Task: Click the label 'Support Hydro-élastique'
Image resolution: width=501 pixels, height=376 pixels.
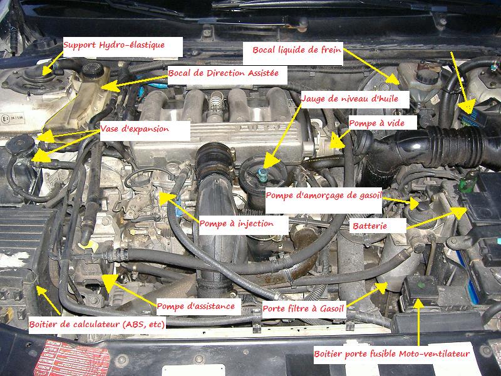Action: tap(114, 45)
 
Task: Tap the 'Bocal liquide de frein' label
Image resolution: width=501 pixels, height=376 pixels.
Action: tap(297, 50)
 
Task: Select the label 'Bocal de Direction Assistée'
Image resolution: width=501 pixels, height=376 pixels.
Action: tap(224, 73)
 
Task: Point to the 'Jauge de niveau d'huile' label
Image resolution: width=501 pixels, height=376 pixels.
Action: tap(350, 98)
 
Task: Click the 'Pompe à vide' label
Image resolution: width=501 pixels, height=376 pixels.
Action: tap(377, 123)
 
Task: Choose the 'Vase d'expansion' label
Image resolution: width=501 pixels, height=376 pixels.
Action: tap(135, 129)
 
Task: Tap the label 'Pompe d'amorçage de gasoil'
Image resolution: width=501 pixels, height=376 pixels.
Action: tap(324, 196)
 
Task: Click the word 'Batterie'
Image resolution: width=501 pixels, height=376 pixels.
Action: tap(369, 226)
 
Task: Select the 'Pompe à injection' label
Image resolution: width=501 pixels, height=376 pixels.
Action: tap(237, 224)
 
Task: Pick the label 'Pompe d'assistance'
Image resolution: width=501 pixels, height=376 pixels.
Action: tap(196, 306)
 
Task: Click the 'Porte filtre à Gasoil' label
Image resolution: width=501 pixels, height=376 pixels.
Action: tap(303, 308)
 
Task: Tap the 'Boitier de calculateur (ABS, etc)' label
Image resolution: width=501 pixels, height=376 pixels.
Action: tap(97, 325)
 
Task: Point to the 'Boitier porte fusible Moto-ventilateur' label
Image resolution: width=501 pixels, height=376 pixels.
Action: tap(392, 354)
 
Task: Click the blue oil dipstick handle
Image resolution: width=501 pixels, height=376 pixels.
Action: tap(262, 175)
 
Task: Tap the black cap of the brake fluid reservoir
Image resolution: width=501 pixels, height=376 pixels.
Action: tap(428, 76)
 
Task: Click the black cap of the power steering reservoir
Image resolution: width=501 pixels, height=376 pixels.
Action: tap(93, 70)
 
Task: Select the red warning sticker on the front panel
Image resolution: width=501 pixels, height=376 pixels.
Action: tap(72, 358)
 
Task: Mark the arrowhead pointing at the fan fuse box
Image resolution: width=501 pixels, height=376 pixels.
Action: tap(418, 304)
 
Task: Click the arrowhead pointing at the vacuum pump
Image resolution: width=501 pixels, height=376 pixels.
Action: tap(336, 141)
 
